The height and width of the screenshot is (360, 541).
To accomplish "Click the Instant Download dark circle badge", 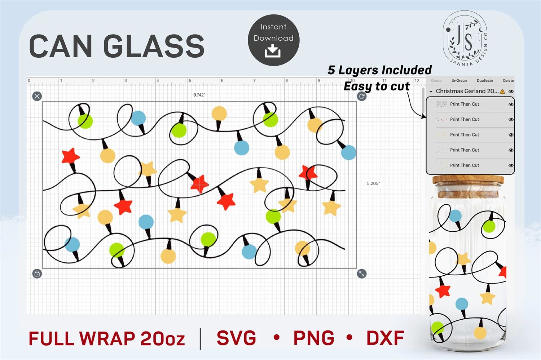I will (x=273, y=40).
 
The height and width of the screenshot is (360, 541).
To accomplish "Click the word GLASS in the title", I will (x=154, y=46).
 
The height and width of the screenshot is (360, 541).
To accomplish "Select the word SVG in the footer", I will (x=236, y=338).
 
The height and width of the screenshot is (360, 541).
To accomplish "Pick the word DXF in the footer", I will (x=385, y=338).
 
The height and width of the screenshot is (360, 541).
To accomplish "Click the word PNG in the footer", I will (x=314, y=338).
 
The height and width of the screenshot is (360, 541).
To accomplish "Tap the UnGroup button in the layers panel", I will (x=459, y=81).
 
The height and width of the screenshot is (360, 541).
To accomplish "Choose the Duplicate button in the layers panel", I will (x=484, y=81).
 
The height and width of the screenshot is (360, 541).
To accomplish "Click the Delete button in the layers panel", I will (x=508, y=81).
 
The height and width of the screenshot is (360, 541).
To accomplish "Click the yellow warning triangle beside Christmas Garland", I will (x=502, y=92).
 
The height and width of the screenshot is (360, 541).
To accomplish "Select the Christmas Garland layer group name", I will (x=467, y=91).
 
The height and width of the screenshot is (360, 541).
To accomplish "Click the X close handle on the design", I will (x=37, y=96).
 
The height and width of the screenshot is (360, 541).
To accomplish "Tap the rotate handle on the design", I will (x=361, y=96).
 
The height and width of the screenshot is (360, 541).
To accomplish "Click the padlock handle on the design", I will (x=37, y=274).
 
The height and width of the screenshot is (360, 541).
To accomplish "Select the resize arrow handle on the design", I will (x=361, y=274).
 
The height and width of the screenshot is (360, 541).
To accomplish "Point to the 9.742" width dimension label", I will (x=199, y=95).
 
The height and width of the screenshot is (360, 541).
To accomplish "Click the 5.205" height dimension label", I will (x=373, y=183).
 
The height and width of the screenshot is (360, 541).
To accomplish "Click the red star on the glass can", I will (x=443, y=290).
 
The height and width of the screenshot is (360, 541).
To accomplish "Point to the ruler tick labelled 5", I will (x=190, y=81).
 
